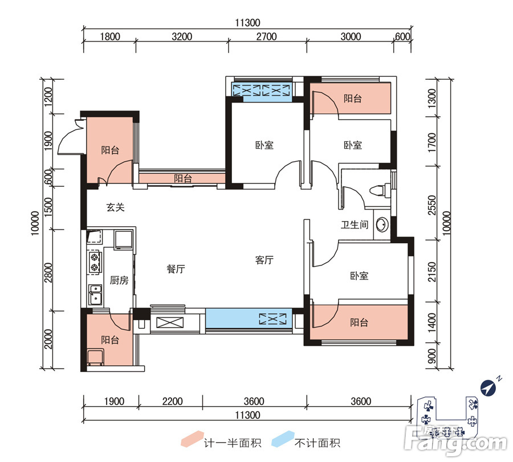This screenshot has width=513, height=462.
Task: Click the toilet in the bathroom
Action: point(380,190)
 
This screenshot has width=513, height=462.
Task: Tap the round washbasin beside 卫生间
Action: point(381,225)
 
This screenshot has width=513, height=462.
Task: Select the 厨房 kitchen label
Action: point(119,280)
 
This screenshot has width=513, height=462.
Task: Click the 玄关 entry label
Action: point(116,207)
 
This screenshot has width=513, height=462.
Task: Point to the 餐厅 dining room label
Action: point(176,269)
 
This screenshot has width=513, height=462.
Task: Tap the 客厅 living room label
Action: point(264,260)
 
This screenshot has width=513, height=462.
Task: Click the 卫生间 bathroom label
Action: point(355,224)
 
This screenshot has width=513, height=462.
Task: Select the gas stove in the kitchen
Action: point(95,263)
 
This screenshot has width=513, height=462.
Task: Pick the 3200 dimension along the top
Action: point(182,36)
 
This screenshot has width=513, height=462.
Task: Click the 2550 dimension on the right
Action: point(432,205)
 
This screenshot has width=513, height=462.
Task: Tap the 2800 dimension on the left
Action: point(48,272)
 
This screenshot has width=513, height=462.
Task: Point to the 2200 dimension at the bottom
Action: point(172,401)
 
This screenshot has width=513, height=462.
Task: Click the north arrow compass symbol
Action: point(488,388)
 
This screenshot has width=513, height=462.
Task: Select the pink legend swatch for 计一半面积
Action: point(192,439)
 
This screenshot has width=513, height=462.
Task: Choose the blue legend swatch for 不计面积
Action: point(283,439)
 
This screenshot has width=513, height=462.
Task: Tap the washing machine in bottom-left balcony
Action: point(96,357)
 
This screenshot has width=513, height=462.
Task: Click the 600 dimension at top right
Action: point(402,36)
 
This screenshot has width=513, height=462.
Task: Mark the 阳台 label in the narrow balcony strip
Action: point(183,178)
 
